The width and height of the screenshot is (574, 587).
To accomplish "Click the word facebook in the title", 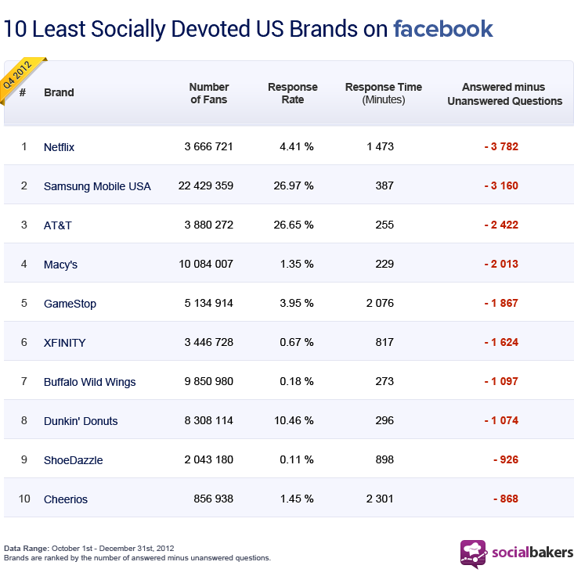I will tap(443, 30).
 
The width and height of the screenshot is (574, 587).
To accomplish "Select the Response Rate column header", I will tap(293, 93).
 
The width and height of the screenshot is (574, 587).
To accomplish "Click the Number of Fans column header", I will tap(209, 93).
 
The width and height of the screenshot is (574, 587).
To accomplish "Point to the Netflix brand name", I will tap(59, 147).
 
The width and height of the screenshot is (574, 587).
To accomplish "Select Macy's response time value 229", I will tap(384, 265).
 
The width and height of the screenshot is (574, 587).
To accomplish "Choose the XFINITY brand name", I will tap(64, 343).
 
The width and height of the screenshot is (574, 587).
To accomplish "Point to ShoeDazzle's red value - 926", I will tap(505, 460).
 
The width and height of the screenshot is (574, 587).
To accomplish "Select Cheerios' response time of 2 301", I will tap(380, 499).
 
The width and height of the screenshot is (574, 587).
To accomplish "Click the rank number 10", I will tap(24, 499).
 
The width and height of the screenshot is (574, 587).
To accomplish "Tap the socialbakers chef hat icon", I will tap(473, 553).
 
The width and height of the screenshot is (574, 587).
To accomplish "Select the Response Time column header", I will tap(383, 93).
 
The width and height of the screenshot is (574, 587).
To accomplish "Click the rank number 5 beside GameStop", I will tap(24, 304).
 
